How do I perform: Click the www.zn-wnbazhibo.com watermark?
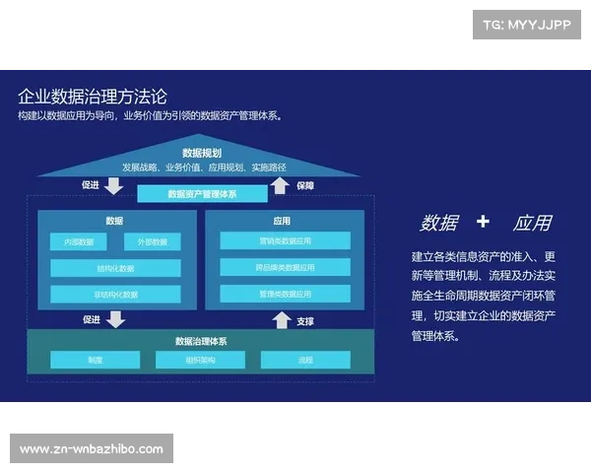91,449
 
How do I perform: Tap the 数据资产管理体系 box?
202,194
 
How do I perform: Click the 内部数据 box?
79,241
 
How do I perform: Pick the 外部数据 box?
152,241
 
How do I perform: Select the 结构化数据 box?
115,268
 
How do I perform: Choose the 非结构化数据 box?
115,294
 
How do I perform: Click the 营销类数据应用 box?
285,240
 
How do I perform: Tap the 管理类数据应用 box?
285,294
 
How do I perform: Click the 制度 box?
95,360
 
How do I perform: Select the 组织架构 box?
200,360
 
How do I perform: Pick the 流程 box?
304,360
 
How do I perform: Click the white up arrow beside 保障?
280,186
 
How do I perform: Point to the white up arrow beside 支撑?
282,320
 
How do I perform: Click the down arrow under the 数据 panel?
116,319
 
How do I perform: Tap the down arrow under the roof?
115,186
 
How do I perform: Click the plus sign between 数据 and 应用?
482,222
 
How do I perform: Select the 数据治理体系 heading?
201,341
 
